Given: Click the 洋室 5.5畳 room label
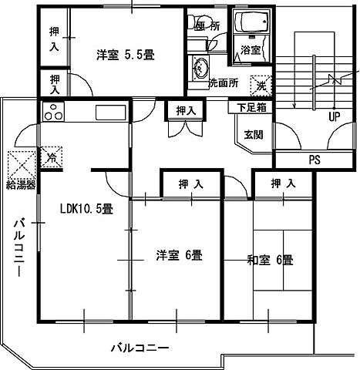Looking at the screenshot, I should pos(126,55).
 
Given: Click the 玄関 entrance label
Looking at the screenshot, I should pos(252,134).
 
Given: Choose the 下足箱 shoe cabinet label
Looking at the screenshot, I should pos(251,108).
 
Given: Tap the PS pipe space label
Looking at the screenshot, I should pos(314,162).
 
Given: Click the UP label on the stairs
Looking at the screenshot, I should pos(334,118).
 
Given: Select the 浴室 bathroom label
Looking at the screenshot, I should pos(250,49).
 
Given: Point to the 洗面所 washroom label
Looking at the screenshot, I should pos(222,82).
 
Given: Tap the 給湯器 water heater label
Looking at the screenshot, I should pos(21,186).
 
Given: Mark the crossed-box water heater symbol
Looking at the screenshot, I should pos(19,163).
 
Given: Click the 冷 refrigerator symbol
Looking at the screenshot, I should pos(52,157).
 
